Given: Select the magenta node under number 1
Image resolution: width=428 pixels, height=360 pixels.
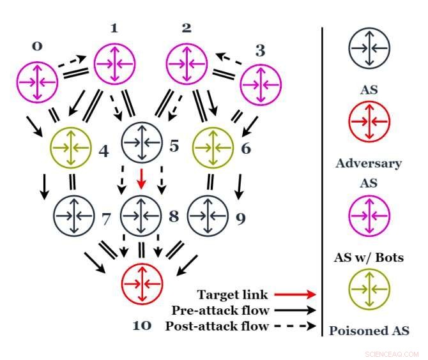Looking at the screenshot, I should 115,63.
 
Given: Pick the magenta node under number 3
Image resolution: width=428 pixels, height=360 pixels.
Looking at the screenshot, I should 261,81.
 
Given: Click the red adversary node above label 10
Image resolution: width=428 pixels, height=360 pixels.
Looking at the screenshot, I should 142,283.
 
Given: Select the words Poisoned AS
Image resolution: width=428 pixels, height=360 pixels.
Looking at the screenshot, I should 369,331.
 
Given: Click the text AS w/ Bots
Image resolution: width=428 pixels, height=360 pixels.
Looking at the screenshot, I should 369,259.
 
